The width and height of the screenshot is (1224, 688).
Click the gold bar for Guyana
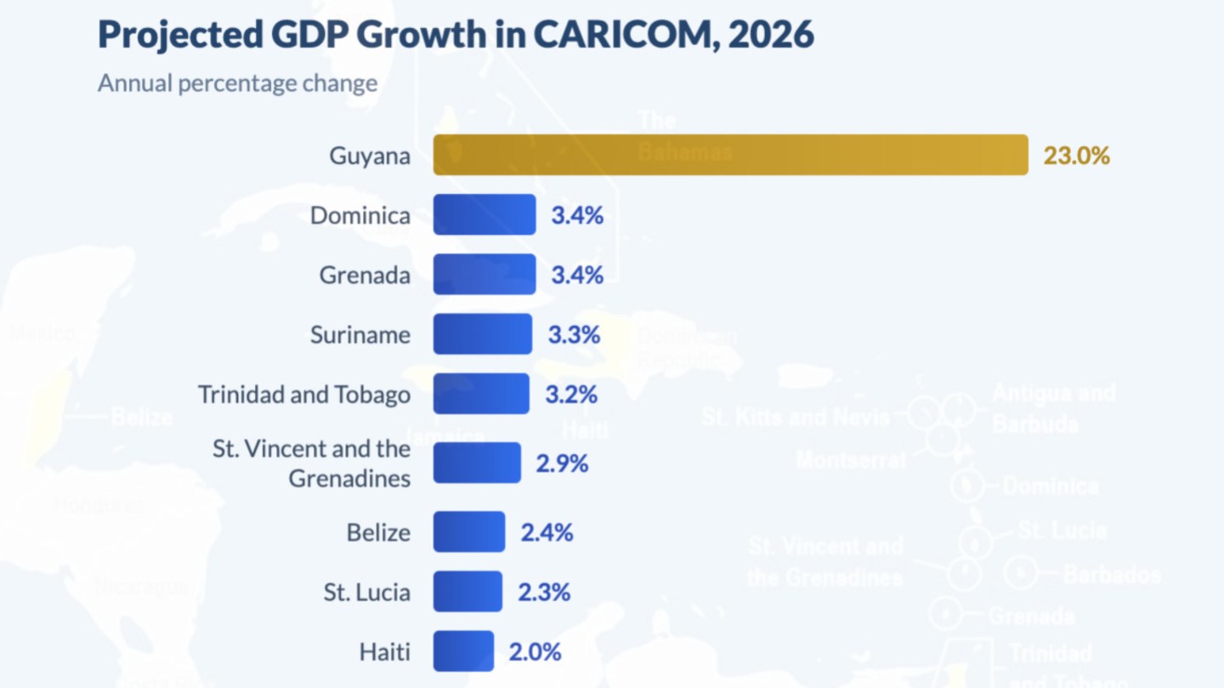pyautogui.click(x=730, y=155)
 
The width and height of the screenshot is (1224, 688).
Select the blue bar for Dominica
pyautogui.click(x=484, y=214)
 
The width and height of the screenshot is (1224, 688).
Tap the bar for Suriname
pyautogui.click(x=483, y=334)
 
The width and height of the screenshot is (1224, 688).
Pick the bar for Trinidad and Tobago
pyautogui.click(x=481, y=394)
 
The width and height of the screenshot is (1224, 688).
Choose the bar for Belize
pyautogui.click(x=469, y=532)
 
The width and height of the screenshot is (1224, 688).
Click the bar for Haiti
pyautogui.click(x=463, y=651)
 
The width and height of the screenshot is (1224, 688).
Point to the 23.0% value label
pyautogui.click(x=1076, y=156)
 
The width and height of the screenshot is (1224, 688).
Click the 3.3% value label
pyautogui.click(x=574, y=334)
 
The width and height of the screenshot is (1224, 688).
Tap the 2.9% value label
pyautogui.click(x=562, y=463)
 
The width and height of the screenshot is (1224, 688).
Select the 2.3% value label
pyautogui.click(x=544, y=592)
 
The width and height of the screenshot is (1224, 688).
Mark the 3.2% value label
pyautogui.click(x=570, y=395)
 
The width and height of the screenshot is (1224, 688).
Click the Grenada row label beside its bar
pyautogui.click(x=365, y=275)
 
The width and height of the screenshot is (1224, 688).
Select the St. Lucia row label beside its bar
pyautogui.click(x=366, y=592)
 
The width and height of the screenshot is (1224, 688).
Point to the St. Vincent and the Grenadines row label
pyautogui.click(x=312, y=463)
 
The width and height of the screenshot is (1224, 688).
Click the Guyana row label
pyautogui.click(x=370, y=156)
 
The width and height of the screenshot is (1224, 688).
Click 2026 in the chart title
pyautogui.click(x=771, y=34)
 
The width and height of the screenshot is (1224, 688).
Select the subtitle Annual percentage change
pyautogui.click(x=237, y=83)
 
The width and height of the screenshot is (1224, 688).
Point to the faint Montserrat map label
pyautogui.click(x=851, y=460)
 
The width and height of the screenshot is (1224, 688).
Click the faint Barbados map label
pyautogui.click(x=1111, y=574)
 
